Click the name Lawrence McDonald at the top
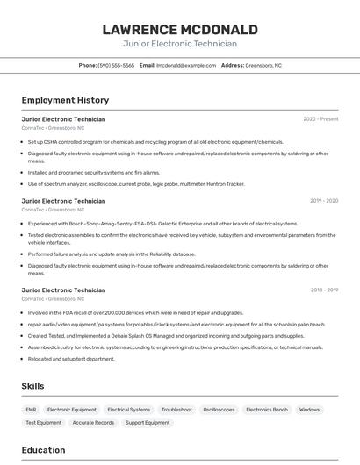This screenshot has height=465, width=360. click(x=180, y=29)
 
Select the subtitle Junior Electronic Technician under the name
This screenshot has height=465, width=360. click(x=180, y=44)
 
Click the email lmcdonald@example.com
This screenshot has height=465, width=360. click(x=186, y=65)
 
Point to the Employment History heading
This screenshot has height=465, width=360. click(x=65, y=100)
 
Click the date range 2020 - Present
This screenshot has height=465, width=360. click(x=320, y=119)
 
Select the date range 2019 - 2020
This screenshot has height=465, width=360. click(x=324, y=201)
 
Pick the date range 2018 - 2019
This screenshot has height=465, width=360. click(x=324, y=290)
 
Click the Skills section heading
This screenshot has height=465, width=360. click(x=32, y=386)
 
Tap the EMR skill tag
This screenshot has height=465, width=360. click(x=31, y=410)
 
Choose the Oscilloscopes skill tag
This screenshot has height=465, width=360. click(x=219, y=410)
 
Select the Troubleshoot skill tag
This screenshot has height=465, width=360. click(x=176, y=410)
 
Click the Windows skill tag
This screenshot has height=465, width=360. click(x=309, y=410)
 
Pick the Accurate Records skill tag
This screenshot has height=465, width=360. click(x=93, y=423)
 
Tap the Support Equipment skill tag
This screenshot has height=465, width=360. click(x=148, y=423)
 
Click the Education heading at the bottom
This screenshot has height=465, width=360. click(x=43, y=450)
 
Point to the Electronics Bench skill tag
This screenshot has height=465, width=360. click(x=267, y=410)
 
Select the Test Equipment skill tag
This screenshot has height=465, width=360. click(x=43, y=423)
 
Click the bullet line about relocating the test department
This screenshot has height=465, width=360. click(x=71, y=359)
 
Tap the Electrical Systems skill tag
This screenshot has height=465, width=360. click(x=128, y=410)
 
